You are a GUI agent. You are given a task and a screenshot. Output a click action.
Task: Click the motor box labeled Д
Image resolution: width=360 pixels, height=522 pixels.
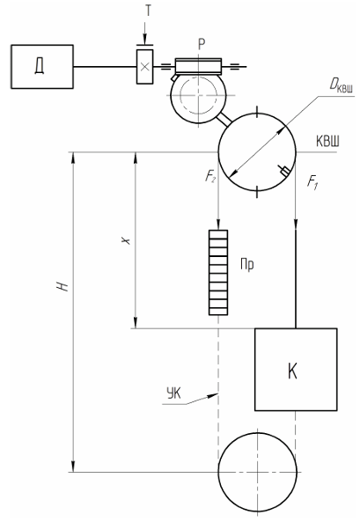42,67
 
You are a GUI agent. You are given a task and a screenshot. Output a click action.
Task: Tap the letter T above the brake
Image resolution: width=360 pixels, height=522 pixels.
148,11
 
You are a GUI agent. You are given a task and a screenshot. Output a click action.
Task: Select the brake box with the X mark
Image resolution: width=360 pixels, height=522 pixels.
145,67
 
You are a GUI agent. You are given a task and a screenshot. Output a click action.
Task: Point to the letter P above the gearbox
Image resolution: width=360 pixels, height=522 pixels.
202,44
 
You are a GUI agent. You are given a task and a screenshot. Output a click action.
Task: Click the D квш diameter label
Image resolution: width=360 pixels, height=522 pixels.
341,86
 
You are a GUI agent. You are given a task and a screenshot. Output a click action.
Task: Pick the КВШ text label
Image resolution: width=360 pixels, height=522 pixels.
327,142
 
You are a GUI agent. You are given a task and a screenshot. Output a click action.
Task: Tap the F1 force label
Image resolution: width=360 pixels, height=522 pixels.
312,182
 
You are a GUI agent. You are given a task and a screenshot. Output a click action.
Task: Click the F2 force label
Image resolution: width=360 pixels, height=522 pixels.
209,176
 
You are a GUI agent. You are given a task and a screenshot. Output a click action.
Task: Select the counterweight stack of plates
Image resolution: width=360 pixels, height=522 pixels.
218,272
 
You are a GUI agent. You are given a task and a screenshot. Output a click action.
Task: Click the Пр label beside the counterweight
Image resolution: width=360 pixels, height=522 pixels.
247,264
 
